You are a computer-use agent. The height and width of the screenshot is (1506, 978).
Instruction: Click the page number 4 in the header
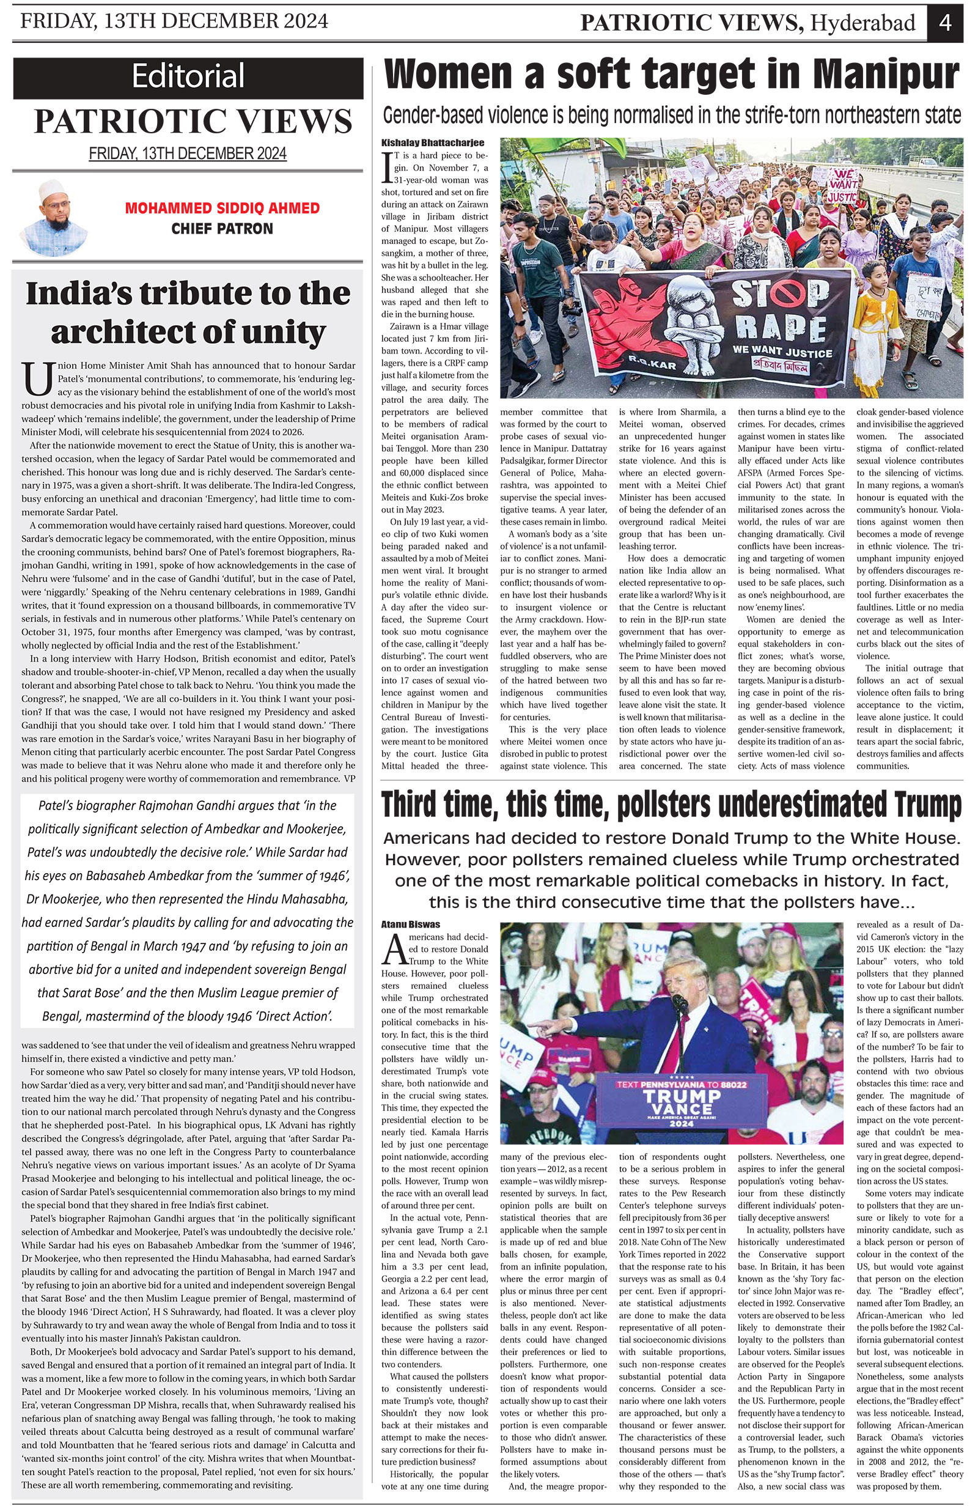(x=945, y=23)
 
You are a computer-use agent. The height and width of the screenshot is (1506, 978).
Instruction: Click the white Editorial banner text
(x=188, y=76)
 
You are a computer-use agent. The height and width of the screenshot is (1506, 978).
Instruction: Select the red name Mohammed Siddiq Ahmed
(x=222, y=208)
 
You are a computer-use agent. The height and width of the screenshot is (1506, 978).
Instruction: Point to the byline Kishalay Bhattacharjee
(x=433, y=143)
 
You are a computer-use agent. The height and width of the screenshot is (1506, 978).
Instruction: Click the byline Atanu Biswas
(x=411, y=925)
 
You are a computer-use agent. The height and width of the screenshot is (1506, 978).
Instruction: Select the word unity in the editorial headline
(x=276, y=332)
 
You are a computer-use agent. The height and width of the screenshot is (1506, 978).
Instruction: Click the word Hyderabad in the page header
(x=863, y=23)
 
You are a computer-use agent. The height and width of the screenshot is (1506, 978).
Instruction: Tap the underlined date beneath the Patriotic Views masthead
(x=188, y=153)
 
